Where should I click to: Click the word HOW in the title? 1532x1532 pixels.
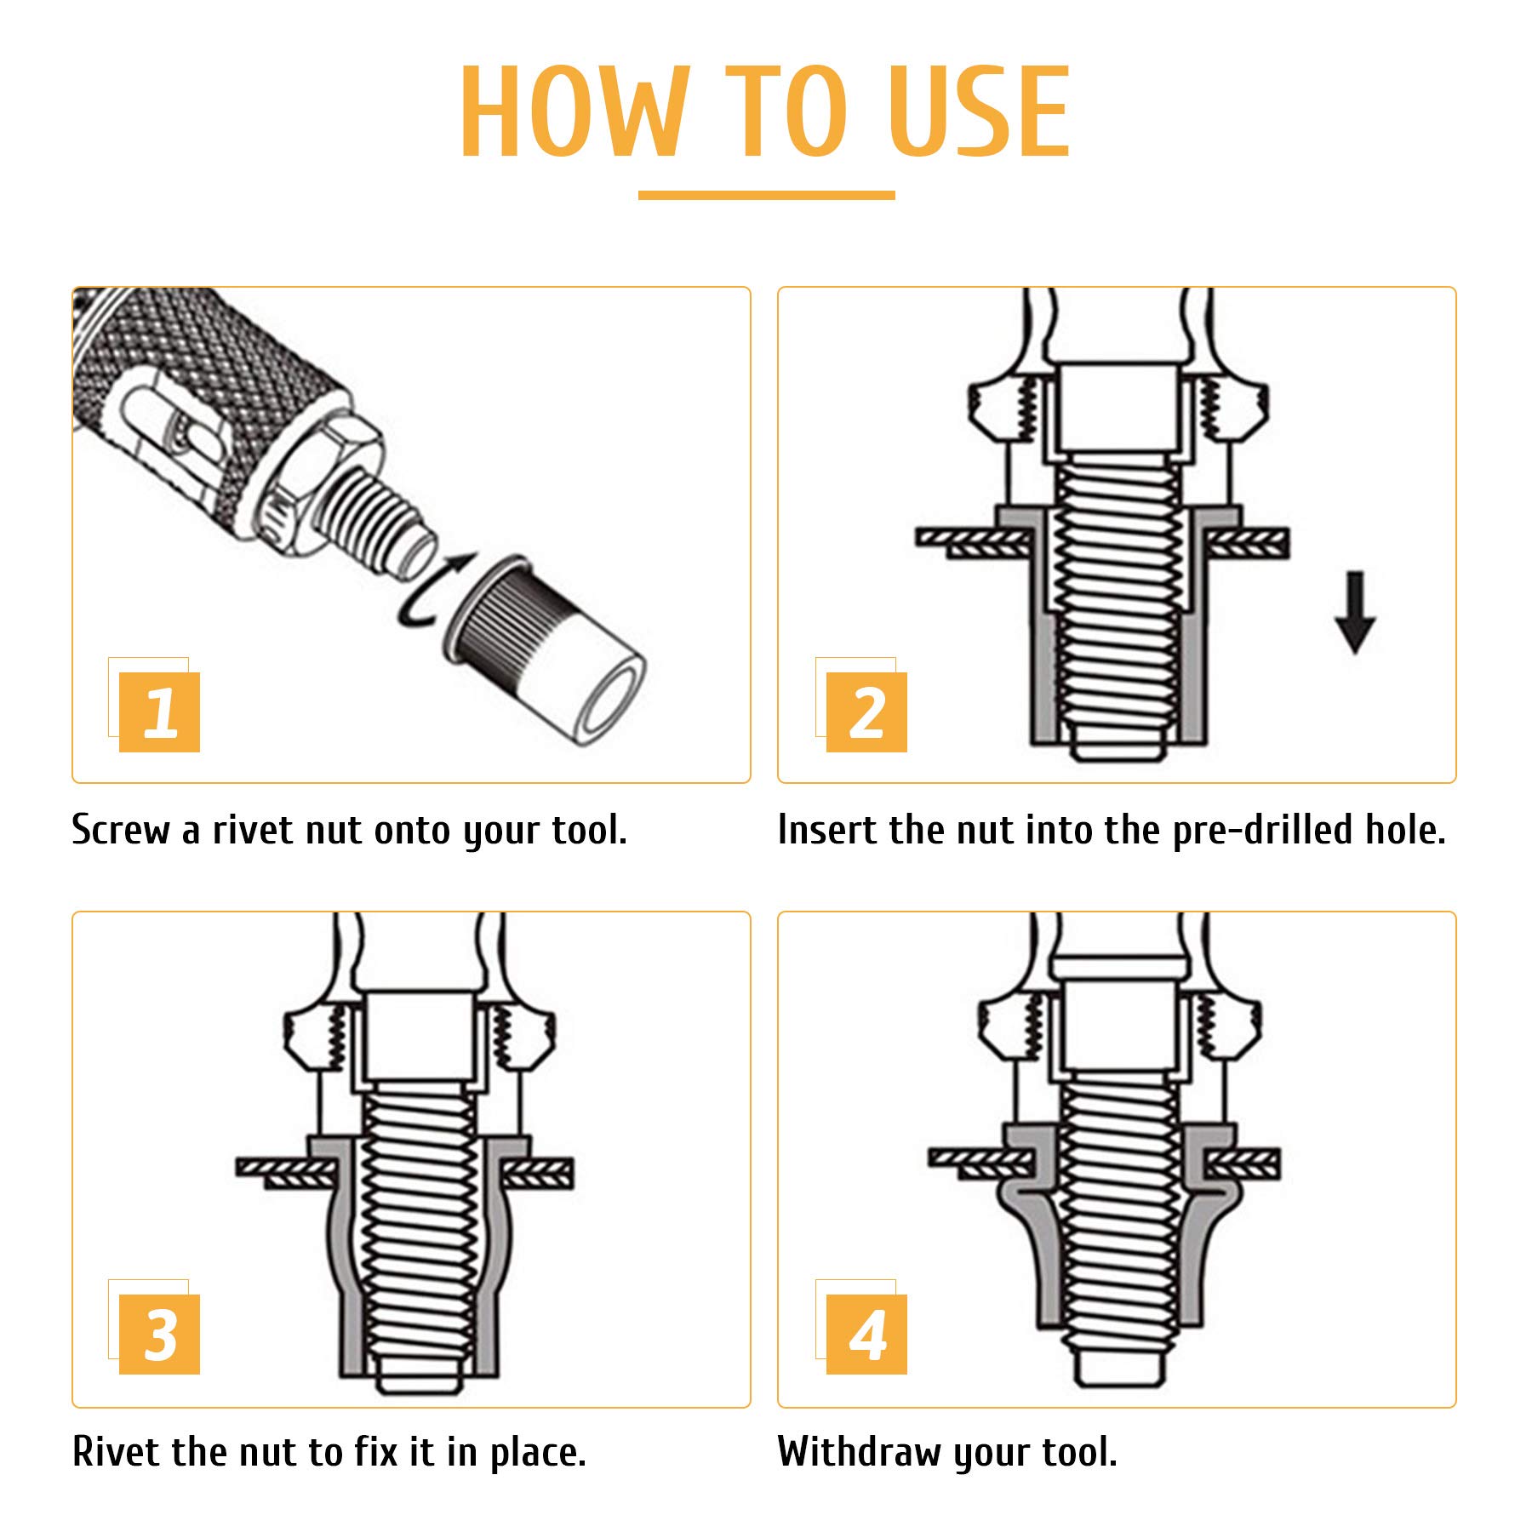point(574,111)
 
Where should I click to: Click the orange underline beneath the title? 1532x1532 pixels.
point(766,195)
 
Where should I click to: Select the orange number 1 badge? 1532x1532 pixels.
point(159,712)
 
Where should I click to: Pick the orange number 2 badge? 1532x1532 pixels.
point(866,712)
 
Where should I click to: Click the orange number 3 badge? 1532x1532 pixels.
point(159,1334)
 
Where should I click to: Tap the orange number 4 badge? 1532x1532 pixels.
point(866,1334)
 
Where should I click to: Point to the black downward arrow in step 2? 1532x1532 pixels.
point(1355,613)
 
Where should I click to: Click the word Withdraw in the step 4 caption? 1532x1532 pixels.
point(860,1452)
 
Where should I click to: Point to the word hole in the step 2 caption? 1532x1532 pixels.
point(1405,829)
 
